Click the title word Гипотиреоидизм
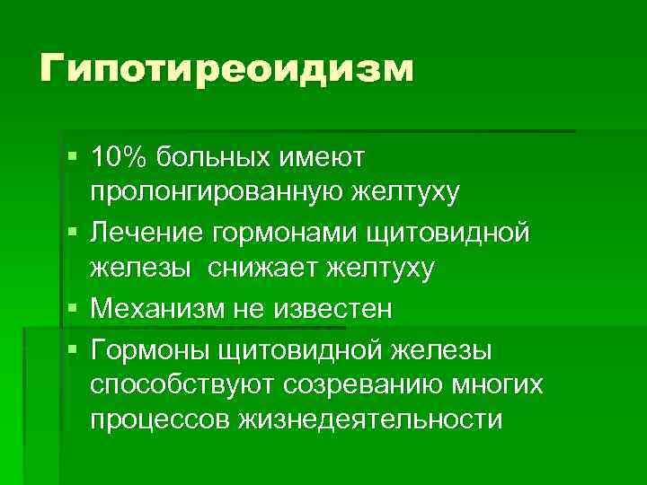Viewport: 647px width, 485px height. click(226, 68)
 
